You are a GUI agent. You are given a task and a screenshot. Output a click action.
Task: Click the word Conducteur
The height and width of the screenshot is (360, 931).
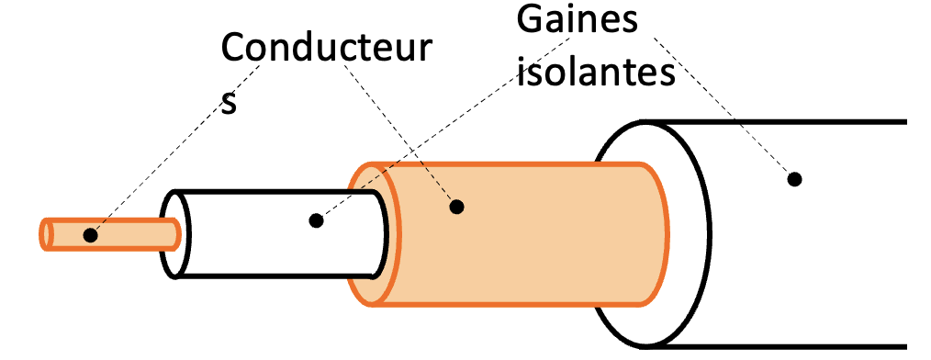[x=325, y=50]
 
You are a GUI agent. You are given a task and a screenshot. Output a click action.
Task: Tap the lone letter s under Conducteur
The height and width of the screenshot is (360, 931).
[x=230, y=103]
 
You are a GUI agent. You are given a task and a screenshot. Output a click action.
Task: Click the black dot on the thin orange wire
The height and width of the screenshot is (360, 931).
[x=90, y=235]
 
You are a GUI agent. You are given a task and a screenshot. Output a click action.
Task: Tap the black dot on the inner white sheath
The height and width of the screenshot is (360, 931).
[x=317, y=220]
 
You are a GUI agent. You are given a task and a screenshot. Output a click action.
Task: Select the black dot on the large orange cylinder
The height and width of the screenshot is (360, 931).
[x=456, y=207]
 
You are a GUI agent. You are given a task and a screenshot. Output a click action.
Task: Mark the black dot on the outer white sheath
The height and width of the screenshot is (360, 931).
[x=795, y=178]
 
